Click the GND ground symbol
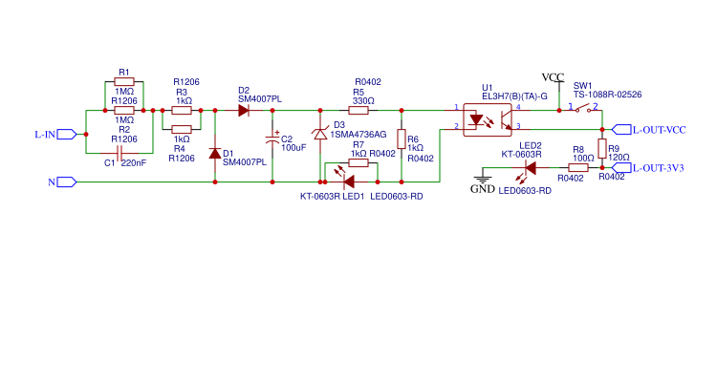(x=483, y=180)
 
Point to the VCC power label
(x=553, y=76)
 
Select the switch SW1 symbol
(x=582, y=107)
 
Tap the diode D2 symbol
(x=244, y=111)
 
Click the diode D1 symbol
(x=214, y=154)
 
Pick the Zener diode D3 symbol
(x=320, y=137)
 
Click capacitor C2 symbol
(x=272, y=140)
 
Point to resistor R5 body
(x=362, y=111)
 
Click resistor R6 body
(x=402, y=138)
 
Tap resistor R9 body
(x=602, y=147)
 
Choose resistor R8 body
(x=576, y=167)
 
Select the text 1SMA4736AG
(x=358, y=135)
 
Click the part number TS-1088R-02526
(x=607, y=95)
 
